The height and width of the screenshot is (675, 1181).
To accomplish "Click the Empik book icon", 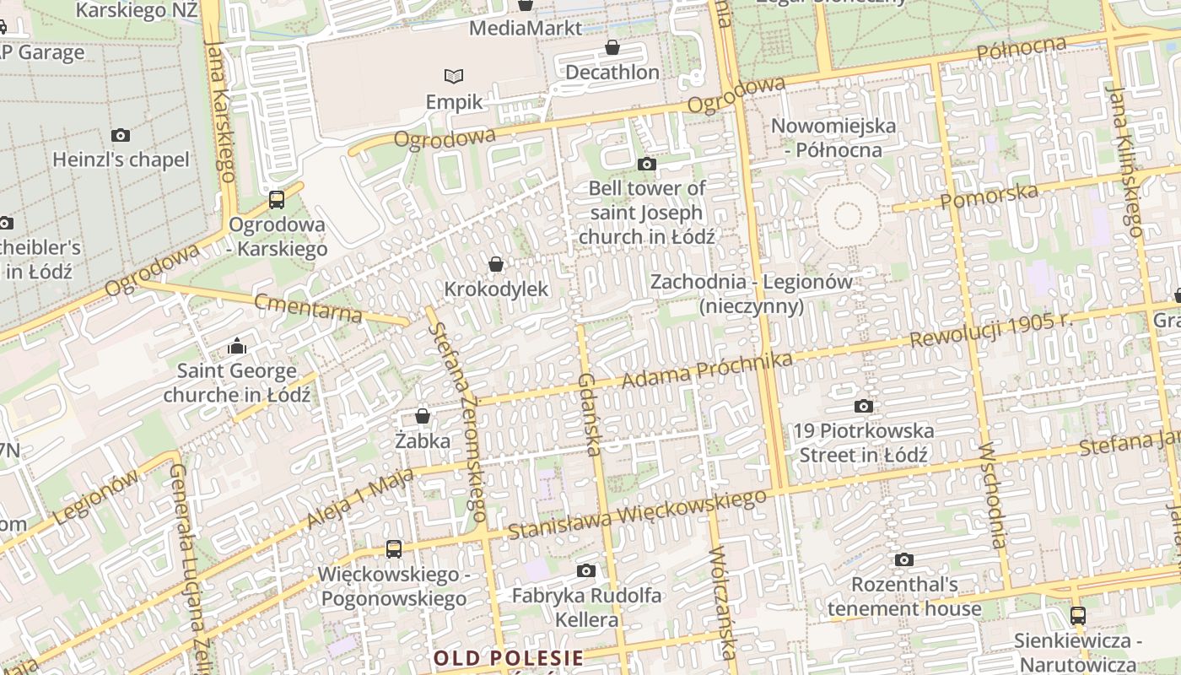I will pos(454,76).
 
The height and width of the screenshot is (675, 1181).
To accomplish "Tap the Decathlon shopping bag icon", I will pos(612,47).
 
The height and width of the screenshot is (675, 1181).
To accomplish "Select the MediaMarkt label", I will pos(525,28).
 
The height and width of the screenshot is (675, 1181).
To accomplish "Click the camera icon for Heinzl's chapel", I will pos(121,135).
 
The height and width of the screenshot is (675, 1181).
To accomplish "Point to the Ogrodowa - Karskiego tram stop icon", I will pos(277,200).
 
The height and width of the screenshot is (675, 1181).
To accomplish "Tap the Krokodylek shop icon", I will pos(496,264).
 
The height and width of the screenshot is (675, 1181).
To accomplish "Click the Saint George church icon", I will pos(237,346).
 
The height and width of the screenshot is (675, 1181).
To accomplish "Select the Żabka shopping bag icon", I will pos(423,416).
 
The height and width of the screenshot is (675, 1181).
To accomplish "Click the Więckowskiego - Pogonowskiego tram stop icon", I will pos(393,549).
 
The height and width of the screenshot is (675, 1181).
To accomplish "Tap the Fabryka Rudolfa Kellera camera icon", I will pos(586,571).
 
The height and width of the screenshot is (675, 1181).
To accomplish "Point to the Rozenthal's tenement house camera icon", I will pos(904,559).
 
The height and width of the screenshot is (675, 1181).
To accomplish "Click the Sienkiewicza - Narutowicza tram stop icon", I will pos(1077,616).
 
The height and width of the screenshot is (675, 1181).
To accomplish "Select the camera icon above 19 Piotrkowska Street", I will pos(863,407).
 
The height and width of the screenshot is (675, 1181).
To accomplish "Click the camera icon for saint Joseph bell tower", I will pos(647,164).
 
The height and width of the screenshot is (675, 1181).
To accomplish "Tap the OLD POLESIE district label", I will pos(509,657).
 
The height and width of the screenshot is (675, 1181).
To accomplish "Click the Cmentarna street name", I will pos(308,308).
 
